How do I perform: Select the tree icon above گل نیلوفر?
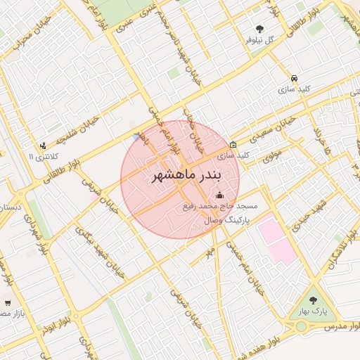[x=259, y=29]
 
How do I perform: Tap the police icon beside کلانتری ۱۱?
[x=43, y=146]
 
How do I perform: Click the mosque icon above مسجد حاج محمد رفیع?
[x=220, y=195]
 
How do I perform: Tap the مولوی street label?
[x=273, y=156]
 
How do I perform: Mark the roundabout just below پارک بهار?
[x=301, y=326]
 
